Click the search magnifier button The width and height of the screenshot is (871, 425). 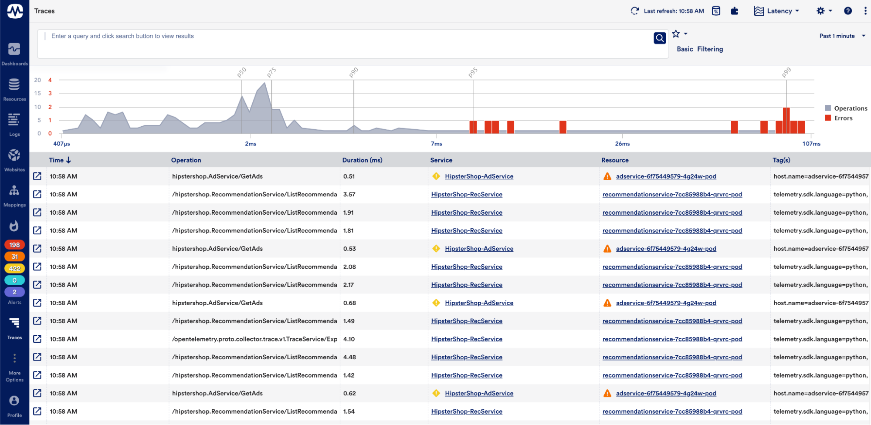point(660,38)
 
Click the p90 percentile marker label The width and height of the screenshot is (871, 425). point(353,72)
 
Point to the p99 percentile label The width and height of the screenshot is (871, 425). point(786,72)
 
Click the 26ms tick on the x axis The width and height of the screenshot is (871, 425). point(622,144)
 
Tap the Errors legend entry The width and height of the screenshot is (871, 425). point(843,118)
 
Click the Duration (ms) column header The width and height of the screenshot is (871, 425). point(362,160)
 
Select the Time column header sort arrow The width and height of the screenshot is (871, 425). point(69,160)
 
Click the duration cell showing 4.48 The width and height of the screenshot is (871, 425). point(349,357)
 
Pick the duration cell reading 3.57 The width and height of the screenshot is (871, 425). point(349,195)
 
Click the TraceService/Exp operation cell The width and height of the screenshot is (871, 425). point(254,339)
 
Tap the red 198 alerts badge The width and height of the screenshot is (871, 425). point(14,245)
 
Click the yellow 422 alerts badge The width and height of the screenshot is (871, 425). point(14,268)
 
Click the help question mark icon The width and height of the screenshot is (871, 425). point(847,11)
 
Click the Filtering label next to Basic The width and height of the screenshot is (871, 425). point(710,49)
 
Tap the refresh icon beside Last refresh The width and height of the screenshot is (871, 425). point(635,11)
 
